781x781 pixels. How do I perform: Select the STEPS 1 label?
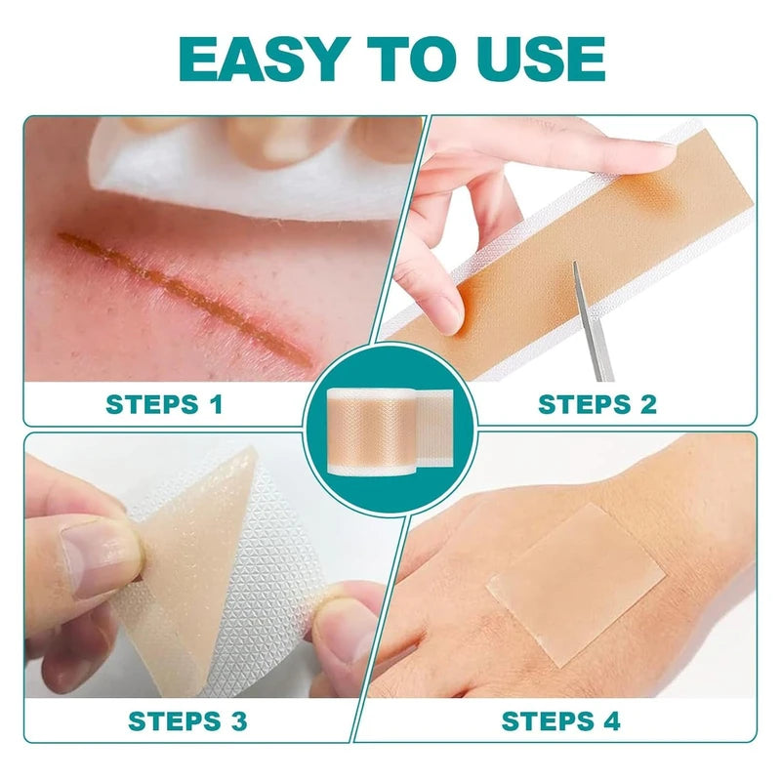click(164, 403)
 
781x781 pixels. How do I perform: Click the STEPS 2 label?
click(597, 403)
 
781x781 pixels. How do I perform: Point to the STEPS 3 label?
click(187, 721)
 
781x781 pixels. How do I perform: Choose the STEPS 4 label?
click(560, 721)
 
